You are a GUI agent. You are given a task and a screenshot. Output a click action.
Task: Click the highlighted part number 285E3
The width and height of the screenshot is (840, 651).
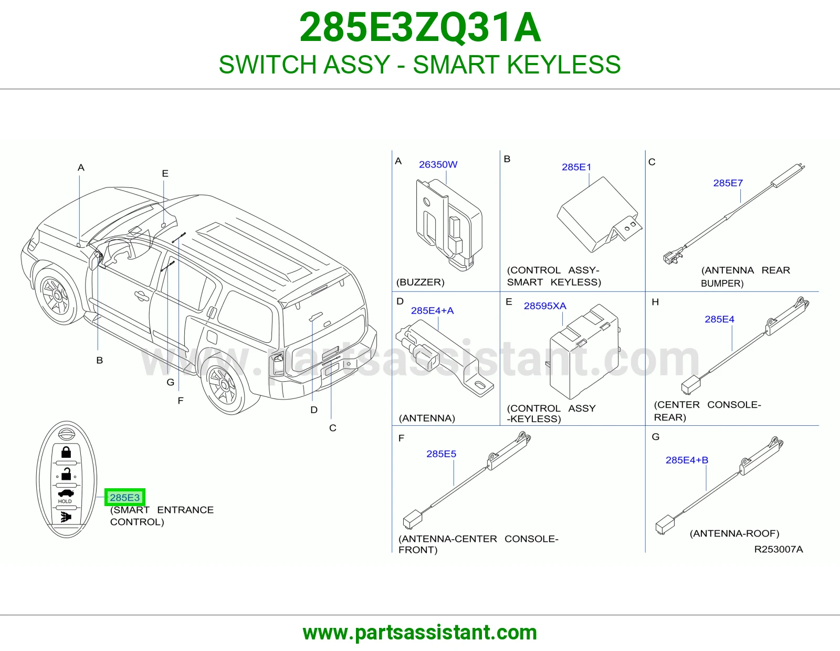coord(124,497)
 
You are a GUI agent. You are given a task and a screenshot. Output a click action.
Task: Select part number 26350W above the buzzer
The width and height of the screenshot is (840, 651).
coord(438,164)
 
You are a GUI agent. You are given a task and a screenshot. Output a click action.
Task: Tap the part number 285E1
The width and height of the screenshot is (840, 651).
coord(576,167)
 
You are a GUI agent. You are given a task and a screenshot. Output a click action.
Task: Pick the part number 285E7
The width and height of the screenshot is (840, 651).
coord(728,183)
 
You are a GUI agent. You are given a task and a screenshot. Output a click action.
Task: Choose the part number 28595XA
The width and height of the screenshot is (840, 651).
coord(544,306)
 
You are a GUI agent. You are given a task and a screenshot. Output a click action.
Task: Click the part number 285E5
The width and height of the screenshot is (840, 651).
coord(441,454)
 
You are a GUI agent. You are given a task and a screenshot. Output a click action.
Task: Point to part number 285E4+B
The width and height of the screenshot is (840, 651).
coord(687,460)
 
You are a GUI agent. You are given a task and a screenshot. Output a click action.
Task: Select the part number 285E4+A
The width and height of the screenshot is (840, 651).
coord(432,310)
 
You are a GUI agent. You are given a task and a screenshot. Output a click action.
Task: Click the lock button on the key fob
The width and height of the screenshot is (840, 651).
coord(66,453)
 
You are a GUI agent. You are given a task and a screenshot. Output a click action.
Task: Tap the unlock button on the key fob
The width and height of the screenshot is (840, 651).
coord(67,474)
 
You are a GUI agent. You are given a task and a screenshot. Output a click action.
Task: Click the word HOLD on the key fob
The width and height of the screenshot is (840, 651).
coord(65,501)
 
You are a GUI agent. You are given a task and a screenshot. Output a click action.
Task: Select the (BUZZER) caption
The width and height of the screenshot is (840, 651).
coord(420,282)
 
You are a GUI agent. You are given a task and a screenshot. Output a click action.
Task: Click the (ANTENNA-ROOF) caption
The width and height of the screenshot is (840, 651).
coord(734,533)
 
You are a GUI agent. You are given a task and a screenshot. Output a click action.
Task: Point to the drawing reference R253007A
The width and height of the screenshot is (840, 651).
coord(779,549)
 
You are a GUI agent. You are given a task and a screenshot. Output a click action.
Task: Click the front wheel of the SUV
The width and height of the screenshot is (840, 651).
coord(57,296)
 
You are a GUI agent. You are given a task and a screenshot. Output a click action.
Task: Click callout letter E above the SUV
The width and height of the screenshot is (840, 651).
coord(165,174)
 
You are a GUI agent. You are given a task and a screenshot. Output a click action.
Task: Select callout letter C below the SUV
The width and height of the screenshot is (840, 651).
coord(332,428)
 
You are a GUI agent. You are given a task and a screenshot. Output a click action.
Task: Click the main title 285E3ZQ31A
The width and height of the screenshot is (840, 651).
coord(420,28)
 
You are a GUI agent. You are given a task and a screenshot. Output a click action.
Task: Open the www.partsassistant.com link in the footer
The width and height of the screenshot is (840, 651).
coord(420,633)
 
